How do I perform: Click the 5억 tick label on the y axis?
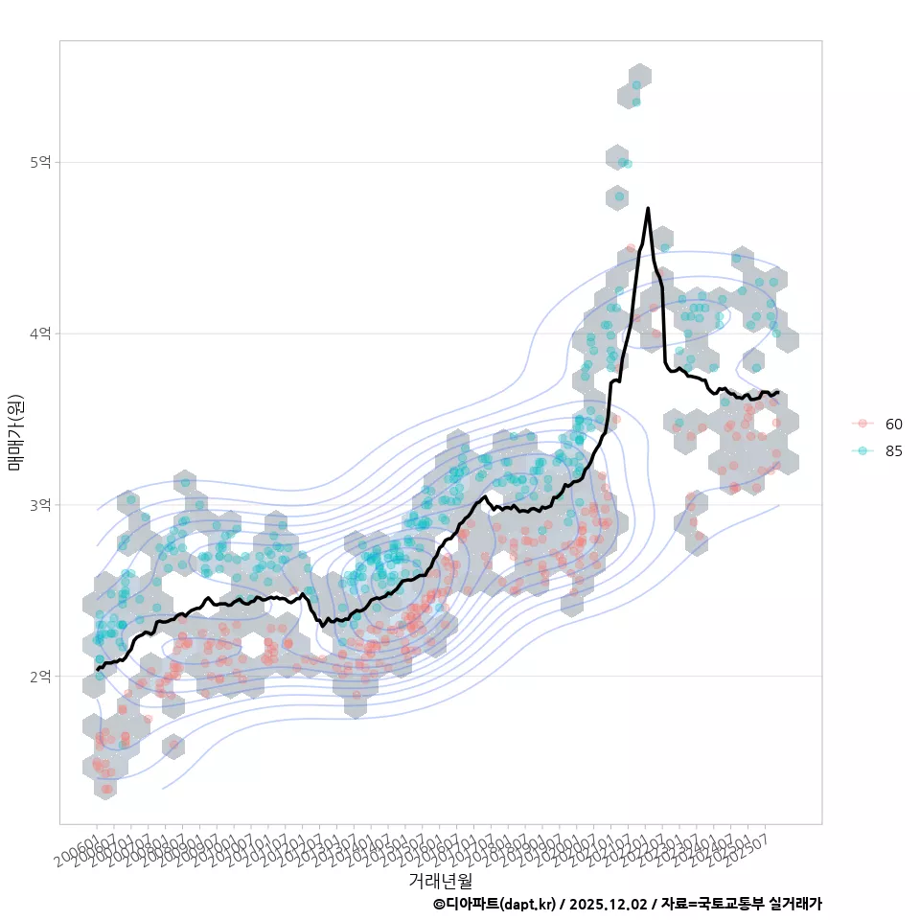pyautogui.click(x=39, y=163)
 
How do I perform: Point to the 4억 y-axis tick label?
pyautogui.click(x=39, y=333)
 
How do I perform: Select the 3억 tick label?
pyautogui.click(x=39, y=505)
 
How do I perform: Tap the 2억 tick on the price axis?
pyautogui.click(x=39, y=677)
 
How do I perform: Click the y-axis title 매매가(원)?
pyautogui.click(x=15, y=431)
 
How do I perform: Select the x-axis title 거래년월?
pyautogui.click(x=440, y=880)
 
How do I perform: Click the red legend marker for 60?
pyautogui.click(x=862, y=424)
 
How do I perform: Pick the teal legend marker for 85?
pyautogui.click(x=862, y=451)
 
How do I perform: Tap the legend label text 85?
pyautogui.click(x=894, y=451)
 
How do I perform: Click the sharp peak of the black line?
pyautogui.click(x=648, y=208)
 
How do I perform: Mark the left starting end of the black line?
pyautogui.click(x=98, y=668)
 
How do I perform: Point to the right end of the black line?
pyautogui.click(x=778, y=392)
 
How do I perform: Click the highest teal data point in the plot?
pyautogui.click(x=637, y=85)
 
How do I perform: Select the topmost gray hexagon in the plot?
pyautogui.click(x=640, y=77)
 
